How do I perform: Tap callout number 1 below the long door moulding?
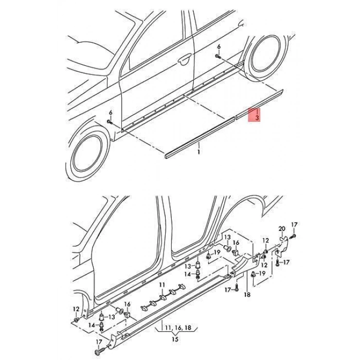(199, 152)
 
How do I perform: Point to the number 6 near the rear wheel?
(219, 47)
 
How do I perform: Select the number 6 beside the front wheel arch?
(111, 113)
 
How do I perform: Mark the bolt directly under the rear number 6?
(218, 56)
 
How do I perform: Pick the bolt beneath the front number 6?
(110, 121)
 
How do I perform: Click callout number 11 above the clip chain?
(162, 285)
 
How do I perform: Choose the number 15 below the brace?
(175, 339)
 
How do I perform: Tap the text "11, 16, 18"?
(178, 328)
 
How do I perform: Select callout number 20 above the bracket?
(282, 229)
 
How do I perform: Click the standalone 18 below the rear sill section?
(247, 295)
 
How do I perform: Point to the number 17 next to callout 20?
(294, 225)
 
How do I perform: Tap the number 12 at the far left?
(76, 309)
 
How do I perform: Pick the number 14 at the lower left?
(92, 325)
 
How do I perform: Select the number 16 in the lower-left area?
(127, 304)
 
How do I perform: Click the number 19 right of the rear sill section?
(262, 273)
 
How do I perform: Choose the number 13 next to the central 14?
(188, 266)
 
